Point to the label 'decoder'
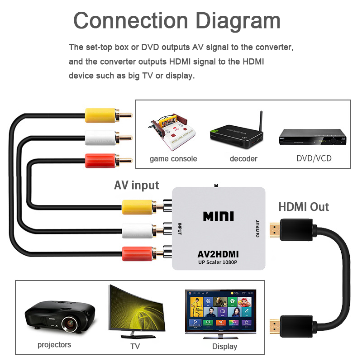click(x=243, y=159)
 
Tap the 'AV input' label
click(x=136, y=185)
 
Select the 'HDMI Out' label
click(x=304, y=207)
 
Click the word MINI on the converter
click(x=218, y=216)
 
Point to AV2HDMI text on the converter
click(x=218, y=254)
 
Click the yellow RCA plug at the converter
click(x=138, y=207)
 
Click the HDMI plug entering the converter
click(x=290, y=229)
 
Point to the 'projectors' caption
click(x=54, y=345)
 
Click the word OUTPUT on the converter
click(x=257, y=229)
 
